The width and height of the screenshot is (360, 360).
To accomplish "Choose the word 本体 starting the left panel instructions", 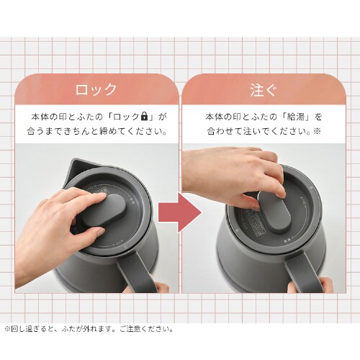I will (x=40, y=116).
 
